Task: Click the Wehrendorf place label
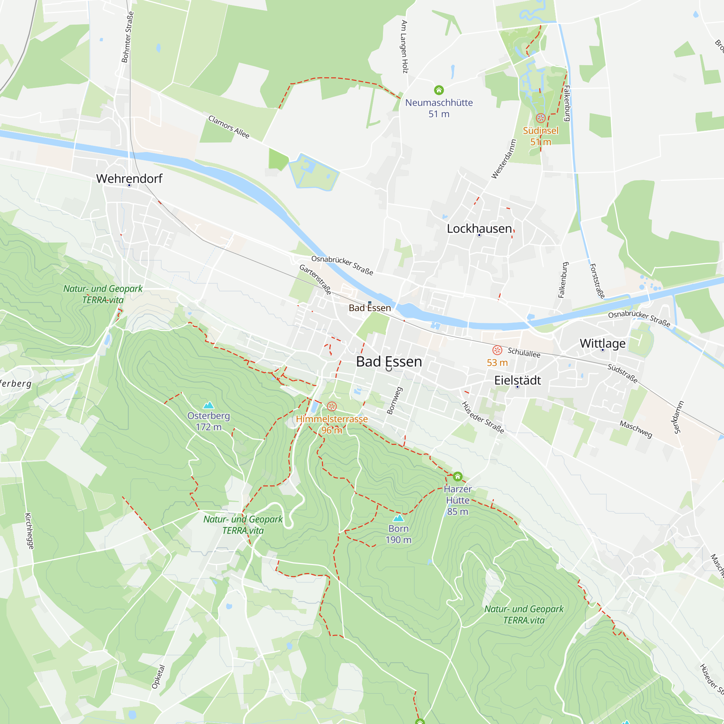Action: click(x=129, y=178)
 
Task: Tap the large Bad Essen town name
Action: click(x=389, y=362)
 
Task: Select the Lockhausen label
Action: click(x=479, y=228)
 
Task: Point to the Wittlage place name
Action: click(x=603, y=343)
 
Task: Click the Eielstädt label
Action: click(x=518, y=380)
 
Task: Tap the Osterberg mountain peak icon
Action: click(x=209, y=405)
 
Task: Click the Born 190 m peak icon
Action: click(x=398, y=518)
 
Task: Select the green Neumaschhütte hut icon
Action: click(x=439, y=90)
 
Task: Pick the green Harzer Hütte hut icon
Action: click(x=458, y=477)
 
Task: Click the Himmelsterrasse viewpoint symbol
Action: click(x=332, y=407)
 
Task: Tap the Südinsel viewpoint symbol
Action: click(x=540, y=118)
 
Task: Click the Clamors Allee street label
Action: click(x=228, y=127)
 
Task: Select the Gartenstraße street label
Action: click(x=316, y=279)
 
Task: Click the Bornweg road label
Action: click(x=394, y=401)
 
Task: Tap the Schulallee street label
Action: click(x=524, y=353)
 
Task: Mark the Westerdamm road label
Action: click(x=504, y=159)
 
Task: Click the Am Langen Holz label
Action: click(x=404, y=46)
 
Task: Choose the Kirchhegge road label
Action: click(x=29, y=531)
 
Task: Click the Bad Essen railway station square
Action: click(x=370, y=302)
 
